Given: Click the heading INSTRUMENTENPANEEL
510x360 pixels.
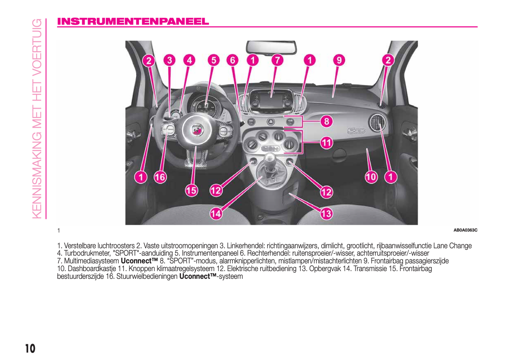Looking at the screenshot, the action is tap(133, 22).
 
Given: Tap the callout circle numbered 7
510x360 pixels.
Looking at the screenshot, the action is tap(277, 60).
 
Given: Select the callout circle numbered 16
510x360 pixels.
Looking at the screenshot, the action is tap(160, 177).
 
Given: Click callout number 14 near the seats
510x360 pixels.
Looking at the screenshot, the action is tap(216, 214).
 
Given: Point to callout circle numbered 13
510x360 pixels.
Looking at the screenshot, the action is tap(326, 214).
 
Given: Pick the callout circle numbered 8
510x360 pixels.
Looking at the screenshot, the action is tap(326, 121).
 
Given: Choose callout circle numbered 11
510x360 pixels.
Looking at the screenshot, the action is tap(326, 143).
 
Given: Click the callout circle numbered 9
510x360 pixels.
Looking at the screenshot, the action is tap(339, 60).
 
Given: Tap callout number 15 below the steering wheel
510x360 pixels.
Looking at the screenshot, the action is tap(191, 190).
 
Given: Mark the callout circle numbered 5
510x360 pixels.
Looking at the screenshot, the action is tap(214, 60).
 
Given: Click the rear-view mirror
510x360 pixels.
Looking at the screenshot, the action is tap(271, 48).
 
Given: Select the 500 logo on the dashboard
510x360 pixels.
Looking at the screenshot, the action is tap(356, 131).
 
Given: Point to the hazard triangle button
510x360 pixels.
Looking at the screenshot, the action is tap(270, 122).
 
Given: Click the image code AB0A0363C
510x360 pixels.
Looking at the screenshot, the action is tap(466, 230).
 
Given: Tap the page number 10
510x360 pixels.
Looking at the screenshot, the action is tap(30, 349).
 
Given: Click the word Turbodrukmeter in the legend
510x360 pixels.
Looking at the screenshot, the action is tap(87, 253).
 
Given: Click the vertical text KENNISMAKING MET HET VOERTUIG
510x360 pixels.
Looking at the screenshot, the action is tap(37, 119).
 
